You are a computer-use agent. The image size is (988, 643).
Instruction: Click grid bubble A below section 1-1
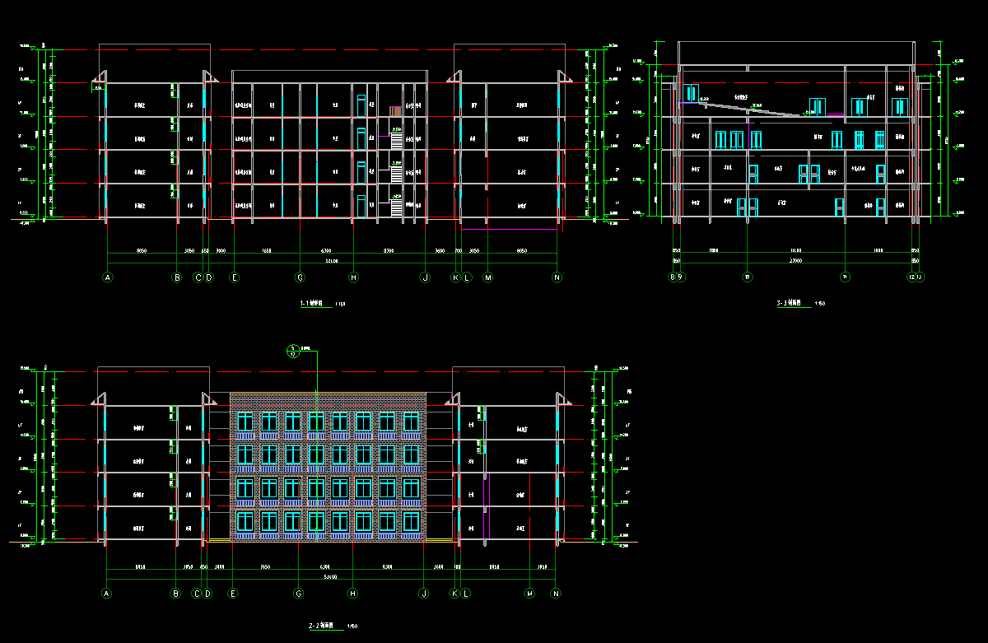tap(107, 278)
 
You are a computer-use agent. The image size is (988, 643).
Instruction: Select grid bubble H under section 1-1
tap(354, 278)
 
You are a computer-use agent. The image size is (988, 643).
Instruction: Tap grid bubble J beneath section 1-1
tap(425, 278)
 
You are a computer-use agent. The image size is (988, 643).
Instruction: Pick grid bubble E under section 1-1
tap(235, 278)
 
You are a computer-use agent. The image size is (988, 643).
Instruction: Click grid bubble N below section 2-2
tap(556, 594)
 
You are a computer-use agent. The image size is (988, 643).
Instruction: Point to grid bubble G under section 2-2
tap(299, 594)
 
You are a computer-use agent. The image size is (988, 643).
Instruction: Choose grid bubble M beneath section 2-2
tap(529, 594)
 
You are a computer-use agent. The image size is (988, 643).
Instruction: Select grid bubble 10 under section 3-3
tap(747, 277)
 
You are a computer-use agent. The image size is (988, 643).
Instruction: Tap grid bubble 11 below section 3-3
tap(846, 277)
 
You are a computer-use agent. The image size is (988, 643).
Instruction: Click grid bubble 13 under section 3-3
tap(920, 277)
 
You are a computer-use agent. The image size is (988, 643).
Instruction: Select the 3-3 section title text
tap(794, 304)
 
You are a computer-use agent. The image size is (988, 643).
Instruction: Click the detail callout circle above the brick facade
tap(292, 352)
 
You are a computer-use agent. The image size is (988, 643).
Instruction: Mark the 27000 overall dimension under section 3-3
tap(795, 259)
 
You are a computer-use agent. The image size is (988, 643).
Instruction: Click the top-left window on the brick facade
tap(245, 422)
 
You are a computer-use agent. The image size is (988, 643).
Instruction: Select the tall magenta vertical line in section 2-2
tap(490, 502)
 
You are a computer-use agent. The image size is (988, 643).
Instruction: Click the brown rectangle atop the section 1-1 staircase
tap(396, 110)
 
